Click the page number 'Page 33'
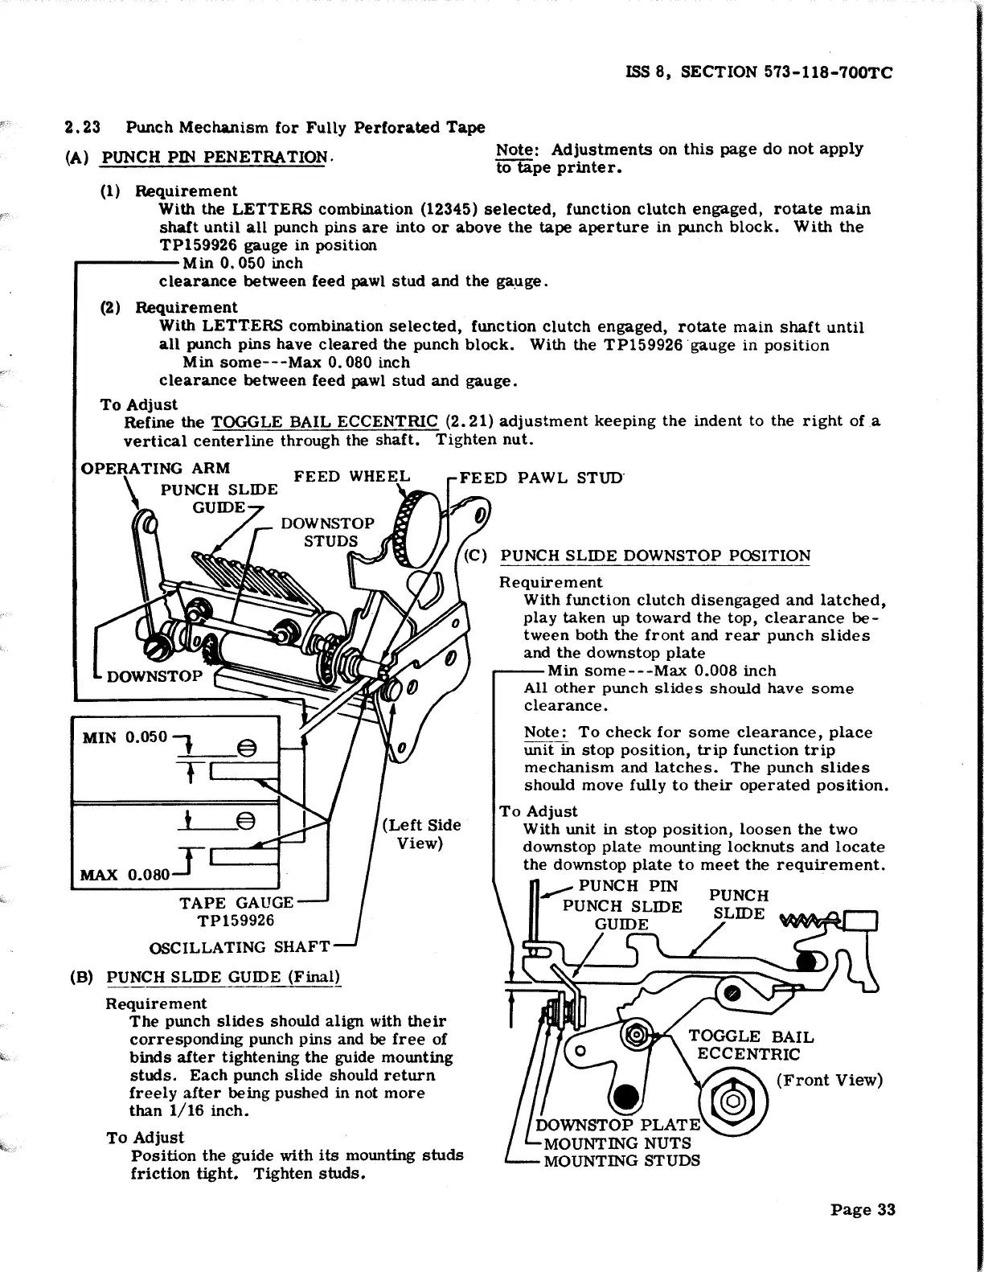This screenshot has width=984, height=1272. click(x=862, y=1210)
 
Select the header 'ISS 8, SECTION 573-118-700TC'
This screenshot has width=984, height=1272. click(x=759, y=72)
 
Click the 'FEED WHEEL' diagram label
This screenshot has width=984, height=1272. click(x=351, y=476)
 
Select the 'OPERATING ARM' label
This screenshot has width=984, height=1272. click(x=156, y=468)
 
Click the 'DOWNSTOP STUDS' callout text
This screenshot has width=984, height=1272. click(x=327, y=531)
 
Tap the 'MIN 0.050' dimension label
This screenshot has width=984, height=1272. click(x=125, y=737)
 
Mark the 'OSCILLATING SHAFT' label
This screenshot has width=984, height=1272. click(x=240, y=947)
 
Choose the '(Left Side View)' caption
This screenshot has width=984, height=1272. click(x=420, y=834)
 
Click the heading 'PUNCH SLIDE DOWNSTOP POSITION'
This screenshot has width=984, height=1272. click(x=655, y=556)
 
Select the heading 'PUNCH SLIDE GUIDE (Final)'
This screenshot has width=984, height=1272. click(x=224, y=978)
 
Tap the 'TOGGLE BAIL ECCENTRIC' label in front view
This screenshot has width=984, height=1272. click(x=750, y=1045)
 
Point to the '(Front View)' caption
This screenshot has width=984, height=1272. click(x=829, y=1080)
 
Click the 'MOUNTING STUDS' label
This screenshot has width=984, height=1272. click(x=621, y=1160)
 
